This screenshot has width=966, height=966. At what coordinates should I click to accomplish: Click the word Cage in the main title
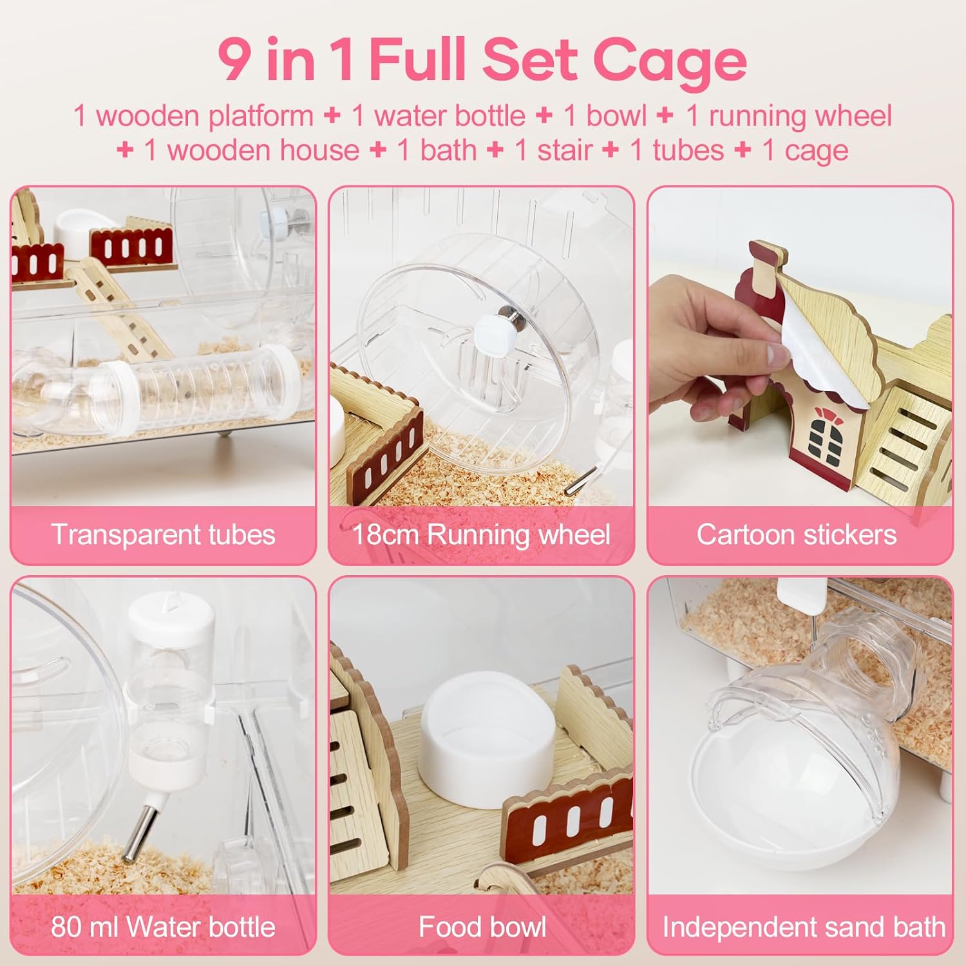[x=670, y=60]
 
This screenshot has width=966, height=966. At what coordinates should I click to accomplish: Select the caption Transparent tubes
[x=163, y=535]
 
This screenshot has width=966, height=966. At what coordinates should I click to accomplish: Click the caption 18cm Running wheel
[x=481, y=535]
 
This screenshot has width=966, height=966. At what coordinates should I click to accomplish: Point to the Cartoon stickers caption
[x=797, y=535]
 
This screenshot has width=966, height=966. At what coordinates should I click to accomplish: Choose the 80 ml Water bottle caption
[x=163, y=927]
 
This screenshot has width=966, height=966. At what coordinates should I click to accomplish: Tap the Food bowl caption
[x=482, y=927]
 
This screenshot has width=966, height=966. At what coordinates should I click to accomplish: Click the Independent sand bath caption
[x=804, y=927]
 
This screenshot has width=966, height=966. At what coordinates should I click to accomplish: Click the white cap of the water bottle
[x=171, y=618]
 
